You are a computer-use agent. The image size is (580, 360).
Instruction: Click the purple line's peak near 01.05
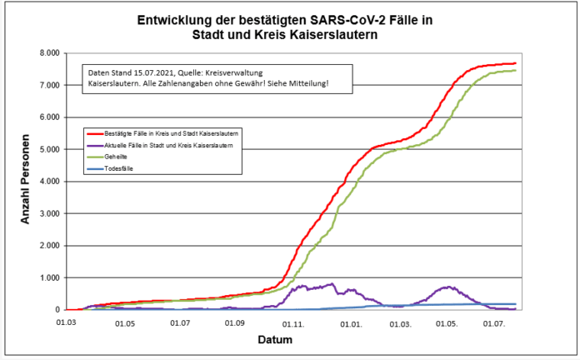tap(449, 287)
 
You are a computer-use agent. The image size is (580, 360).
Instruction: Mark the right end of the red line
tap(516, 63)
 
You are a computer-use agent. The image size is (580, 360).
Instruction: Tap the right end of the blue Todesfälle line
tap(516, 304)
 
